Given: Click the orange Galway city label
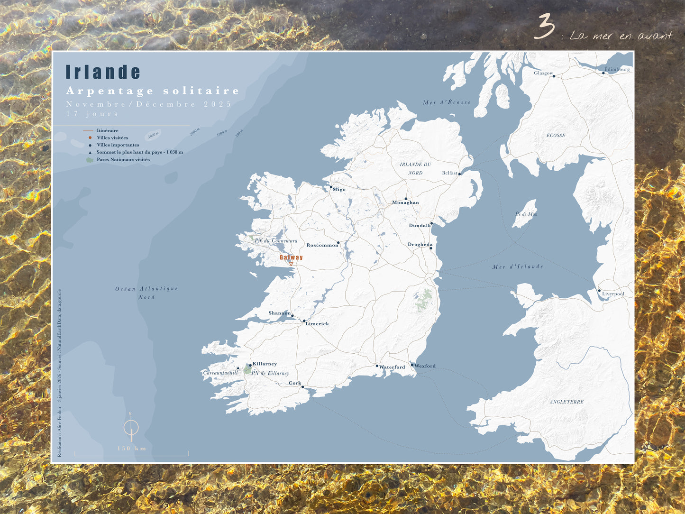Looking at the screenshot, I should point(291,257).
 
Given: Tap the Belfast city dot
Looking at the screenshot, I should point(459,174).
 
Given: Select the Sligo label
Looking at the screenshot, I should point(339,190).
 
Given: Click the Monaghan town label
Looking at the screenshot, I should point(405,203).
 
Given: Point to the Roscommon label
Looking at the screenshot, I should point(322,246).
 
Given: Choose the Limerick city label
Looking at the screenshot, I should point(317,324).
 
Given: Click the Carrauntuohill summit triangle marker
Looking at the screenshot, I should point(238,367).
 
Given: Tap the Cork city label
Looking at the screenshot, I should point(295,383).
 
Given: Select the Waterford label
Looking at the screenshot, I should point(392,367).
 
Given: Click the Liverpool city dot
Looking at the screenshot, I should point(599,291).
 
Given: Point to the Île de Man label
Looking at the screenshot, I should point(526,214).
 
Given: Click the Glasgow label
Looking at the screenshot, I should point(543,73).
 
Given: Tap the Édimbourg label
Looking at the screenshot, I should point(617,69).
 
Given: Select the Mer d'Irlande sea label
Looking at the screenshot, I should point(518,267).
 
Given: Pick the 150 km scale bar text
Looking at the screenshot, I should point(132,449).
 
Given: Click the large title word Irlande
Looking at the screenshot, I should point(103,72).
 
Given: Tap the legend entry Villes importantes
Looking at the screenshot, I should point(118,145).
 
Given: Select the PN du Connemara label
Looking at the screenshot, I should point(276,241).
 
